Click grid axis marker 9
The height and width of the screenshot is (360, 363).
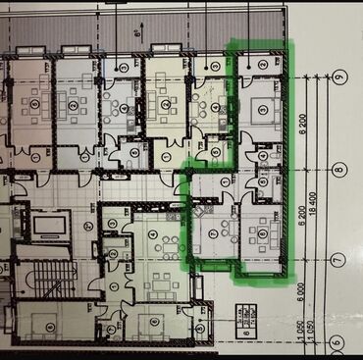(337, 77)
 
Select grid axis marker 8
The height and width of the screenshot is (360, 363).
(337, 169)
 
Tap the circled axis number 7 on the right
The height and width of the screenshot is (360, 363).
(337, 260)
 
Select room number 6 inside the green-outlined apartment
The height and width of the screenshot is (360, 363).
(263, 233)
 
